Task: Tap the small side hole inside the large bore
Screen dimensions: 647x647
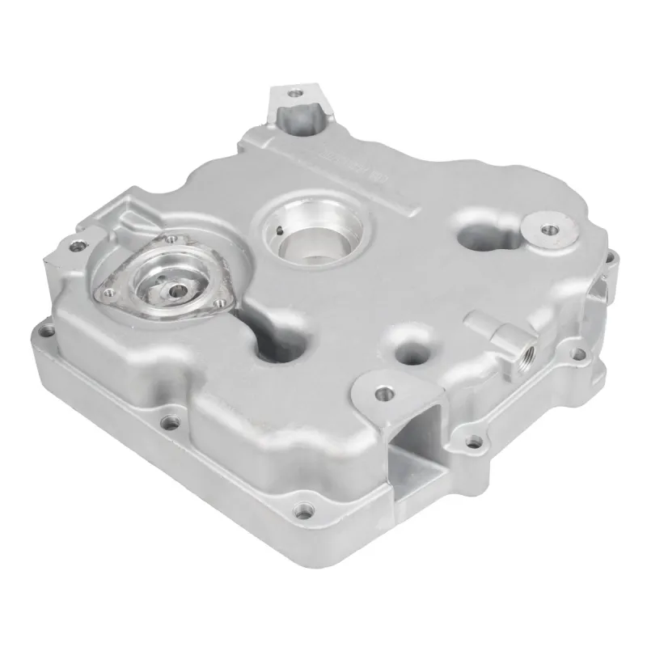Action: pos(280,232)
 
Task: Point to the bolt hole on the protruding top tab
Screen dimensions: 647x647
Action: pos(296,94)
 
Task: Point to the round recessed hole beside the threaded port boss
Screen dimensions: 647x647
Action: pos(410,349)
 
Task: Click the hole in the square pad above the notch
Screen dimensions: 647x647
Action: pos(385,393)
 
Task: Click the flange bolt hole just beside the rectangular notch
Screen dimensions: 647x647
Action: pos(475,441)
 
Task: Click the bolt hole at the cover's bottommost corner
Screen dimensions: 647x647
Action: pos(303,511)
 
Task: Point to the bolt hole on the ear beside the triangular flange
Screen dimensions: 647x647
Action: pos(78,245)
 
